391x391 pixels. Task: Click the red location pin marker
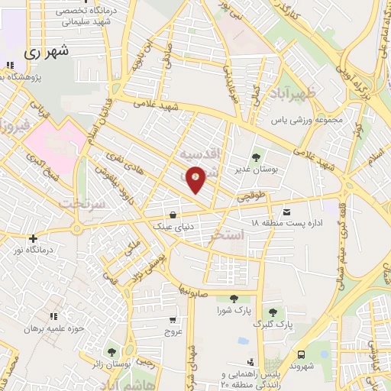point(195,179)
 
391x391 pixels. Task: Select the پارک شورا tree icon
point(233,299)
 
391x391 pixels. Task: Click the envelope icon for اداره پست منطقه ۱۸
point(286,212)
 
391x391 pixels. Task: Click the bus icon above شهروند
point(302,354)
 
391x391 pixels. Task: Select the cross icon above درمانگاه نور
point(33,238)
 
